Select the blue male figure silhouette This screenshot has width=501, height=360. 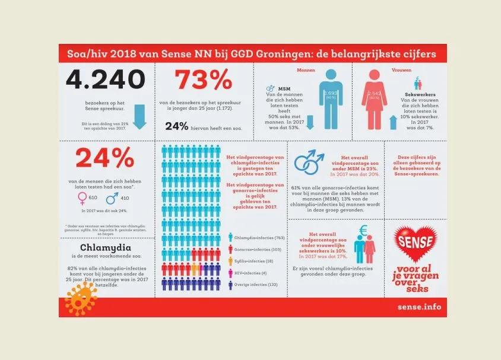click(x=330, y=97)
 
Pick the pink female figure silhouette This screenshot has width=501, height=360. click(x=375, y=98)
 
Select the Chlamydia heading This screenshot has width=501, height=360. click(x=106, y=247)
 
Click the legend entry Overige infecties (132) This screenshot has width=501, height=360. click(x=256, y=285)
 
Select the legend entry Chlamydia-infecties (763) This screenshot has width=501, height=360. click(x=258, y=237)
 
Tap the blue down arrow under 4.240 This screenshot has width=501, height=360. click(x=139, y=116)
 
